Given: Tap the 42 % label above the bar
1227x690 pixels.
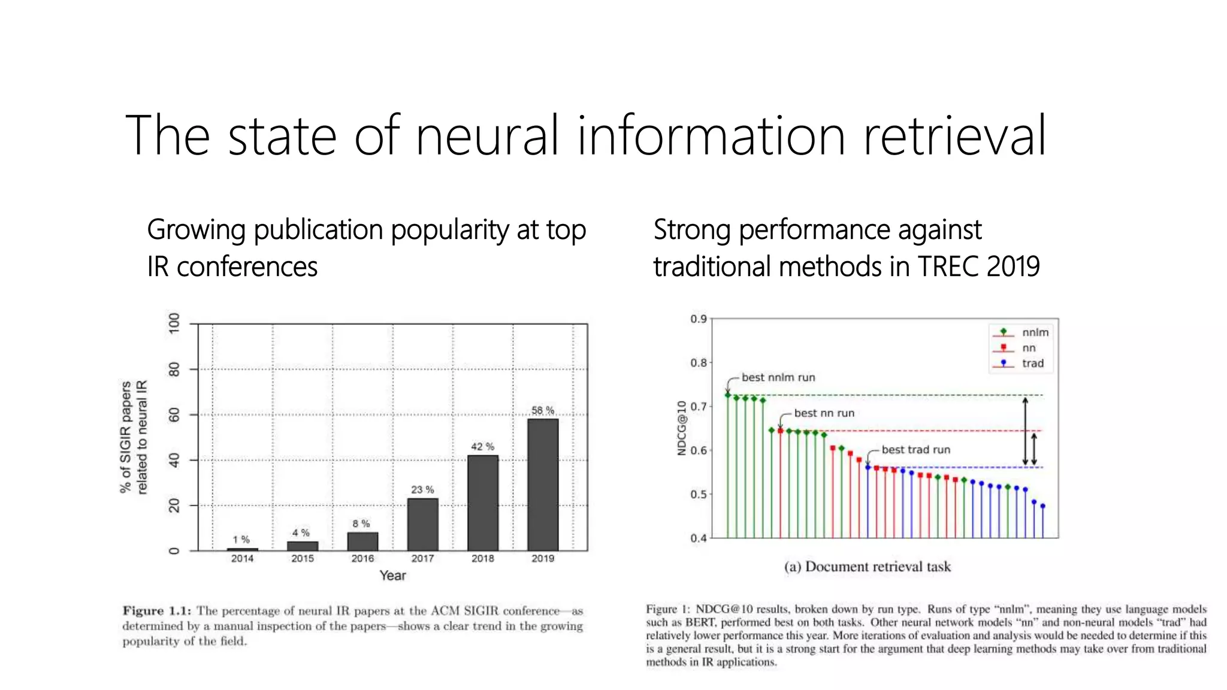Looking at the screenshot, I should click(x=482, y=447).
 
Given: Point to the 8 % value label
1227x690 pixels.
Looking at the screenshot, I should click(x=361, y=523).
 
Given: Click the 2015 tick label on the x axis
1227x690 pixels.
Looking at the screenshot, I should click(x=303, y=558).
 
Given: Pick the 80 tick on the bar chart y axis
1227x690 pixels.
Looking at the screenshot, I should click(x=174, y=369).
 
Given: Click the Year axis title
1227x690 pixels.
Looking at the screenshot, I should click(x=392, y=576).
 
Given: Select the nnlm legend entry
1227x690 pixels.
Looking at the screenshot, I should click(x=1035, y=332).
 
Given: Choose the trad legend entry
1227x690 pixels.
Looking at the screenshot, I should click(x=1032, y=364).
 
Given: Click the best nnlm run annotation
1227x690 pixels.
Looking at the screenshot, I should click(x=778, y=377).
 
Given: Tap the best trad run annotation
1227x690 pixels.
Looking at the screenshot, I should click(x=915, y=450).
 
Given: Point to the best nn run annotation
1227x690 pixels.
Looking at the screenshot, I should click(x=824, y=413).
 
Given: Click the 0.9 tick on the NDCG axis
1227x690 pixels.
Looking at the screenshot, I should click(x=698, y=319).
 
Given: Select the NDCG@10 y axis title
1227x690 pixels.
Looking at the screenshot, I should click(x=681, y=428).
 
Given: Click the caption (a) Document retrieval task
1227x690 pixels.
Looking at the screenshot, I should click(x=867, y=567).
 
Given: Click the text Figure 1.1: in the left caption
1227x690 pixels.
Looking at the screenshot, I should click(x=157, y=611).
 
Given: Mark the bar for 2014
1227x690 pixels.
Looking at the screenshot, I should click(x=242, y=549).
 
